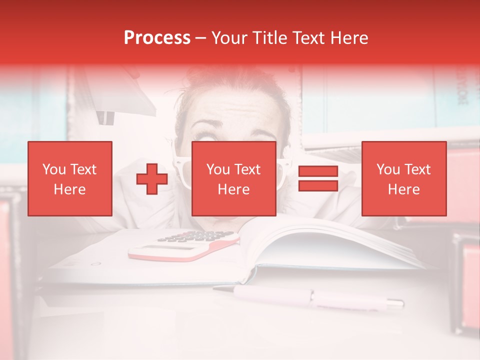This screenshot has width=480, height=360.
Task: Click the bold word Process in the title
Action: pos(157,38)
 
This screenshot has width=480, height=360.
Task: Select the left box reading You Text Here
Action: pos(70,179)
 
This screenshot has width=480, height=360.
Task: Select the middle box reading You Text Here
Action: pos(233,179)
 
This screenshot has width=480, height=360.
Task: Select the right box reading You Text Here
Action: pos(403,179)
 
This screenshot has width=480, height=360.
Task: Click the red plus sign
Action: pos(152,179)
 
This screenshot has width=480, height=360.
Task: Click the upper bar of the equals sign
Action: pos(318,171)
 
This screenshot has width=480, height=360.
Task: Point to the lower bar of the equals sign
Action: pos(318,186)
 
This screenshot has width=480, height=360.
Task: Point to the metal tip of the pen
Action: pos(395,302)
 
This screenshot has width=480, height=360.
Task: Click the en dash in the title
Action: pos(200,38)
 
